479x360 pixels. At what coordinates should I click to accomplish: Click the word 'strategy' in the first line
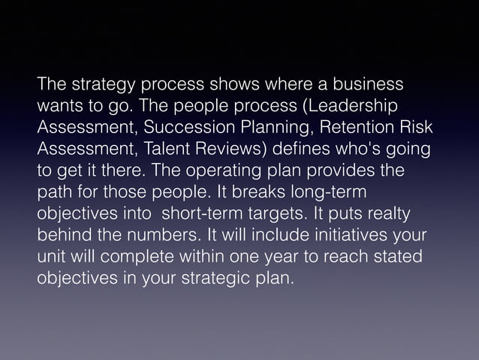[x=92, y=83]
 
